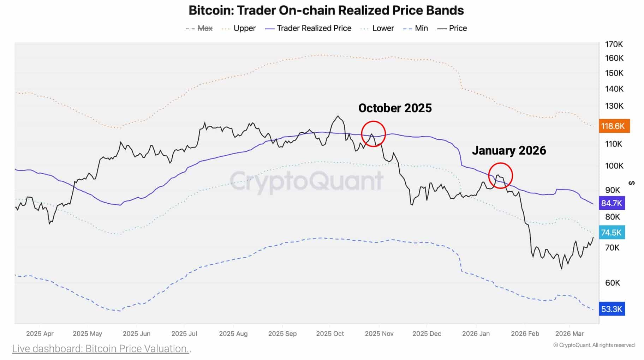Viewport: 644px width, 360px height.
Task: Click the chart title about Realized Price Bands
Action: click(326, 10)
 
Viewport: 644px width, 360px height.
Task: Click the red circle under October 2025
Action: click(373, 134)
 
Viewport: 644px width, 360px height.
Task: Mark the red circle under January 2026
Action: click(500, 175)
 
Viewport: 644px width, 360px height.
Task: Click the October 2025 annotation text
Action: click(395, 108)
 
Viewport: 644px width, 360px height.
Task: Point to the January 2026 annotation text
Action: click(509, 150)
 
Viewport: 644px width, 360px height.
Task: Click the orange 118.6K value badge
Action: click(614, 126)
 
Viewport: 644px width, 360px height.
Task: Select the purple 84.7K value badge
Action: click(612, 203)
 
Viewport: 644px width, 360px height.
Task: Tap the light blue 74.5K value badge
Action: click(612, 232)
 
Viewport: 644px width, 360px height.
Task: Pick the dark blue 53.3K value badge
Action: click(612, 309)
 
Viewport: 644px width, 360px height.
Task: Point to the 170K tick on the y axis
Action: click(614, 44)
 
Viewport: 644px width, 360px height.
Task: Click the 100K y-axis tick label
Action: click(614, 166)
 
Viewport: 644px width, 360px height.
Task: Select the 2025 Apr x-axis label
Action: click(40, 334)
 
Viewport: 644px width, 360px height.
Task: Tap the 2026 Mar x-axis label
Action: click(569, 334)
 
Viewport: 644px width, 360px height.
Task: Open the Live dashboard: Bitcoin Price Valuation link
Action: click(101, 349)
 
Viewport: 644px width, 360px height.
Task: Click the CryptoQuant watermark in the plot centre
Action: click(306, 181)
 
